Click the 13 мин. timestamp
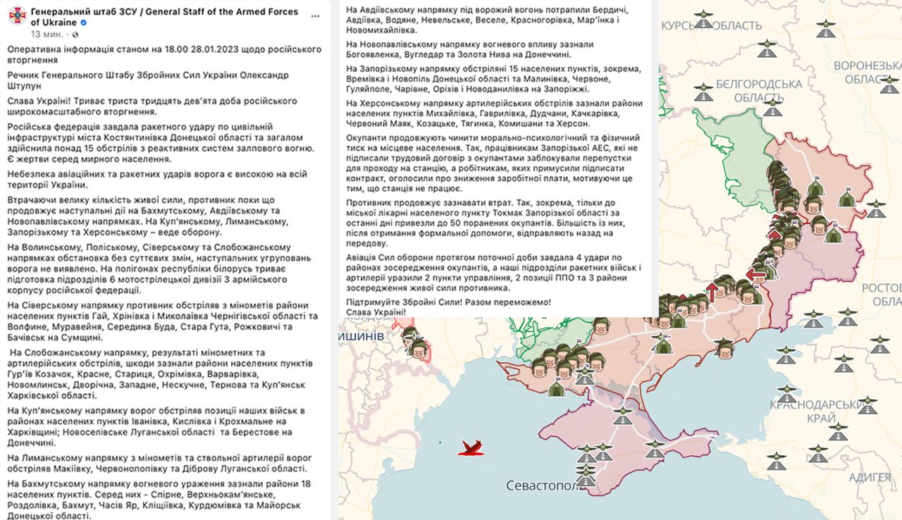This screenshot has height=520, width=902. pos(46,34)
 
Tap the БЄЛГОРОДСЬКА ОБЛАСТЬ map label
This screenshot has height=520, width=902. pos(758,90)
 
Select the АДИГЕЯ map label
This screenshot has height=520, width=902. pos(869,477)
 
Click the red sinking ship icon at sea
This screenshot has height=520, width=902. pos(471,447)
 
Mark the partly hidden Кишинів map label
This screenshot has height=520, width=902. pos(362,335)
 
